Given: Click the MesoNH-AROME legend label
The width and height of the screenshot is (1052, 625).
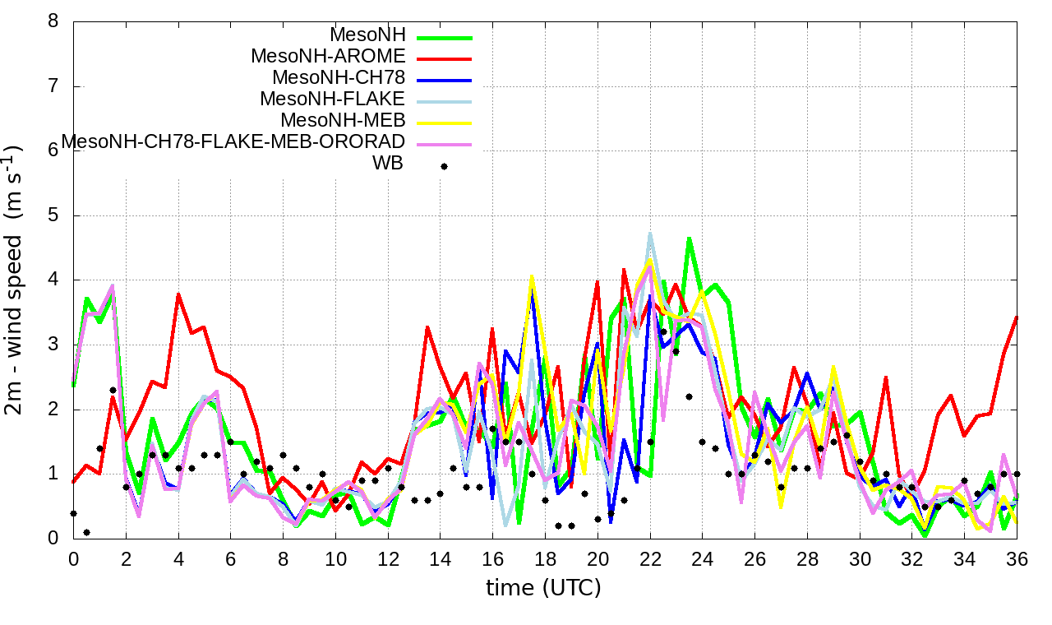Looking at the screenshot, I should (x=328, y=57).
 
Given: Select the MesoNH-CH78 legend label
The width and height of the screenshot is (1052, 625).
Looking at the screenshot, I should (x=339, y=78).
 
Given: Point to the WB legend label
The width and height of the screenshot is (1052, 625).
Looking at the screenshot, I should (x=388, y=164).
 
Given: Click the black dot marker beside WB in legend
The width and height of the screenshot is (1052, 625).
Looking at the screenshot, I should (x=444, y=166).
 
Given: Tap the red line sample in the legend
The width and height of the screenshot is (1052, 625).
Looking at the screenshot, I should (x=444, y=59).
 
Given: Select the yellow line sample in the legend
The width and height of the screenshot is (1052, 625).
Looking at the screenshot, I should (x=444, y=123).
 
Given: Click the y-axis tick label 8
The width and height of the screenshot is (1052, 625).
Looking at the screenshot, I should (x=53, y=22).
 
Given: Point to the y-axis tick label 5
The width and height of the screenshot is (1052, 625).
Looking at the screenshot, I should (x=53, y=215).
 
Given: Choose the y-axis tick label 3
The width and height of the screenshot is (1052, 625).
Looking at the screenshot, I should (x=53, y=345).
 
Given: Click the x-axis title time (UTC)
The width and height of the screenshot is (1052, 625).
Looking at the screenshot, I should (x=543, y=588).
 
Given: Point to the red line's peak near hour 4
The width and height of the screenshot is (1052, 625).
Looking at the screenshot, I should (x=178, y=294).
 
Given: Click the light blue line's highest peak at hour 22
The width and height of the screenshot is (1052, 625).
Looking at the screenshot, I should (x=650, y=234).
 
